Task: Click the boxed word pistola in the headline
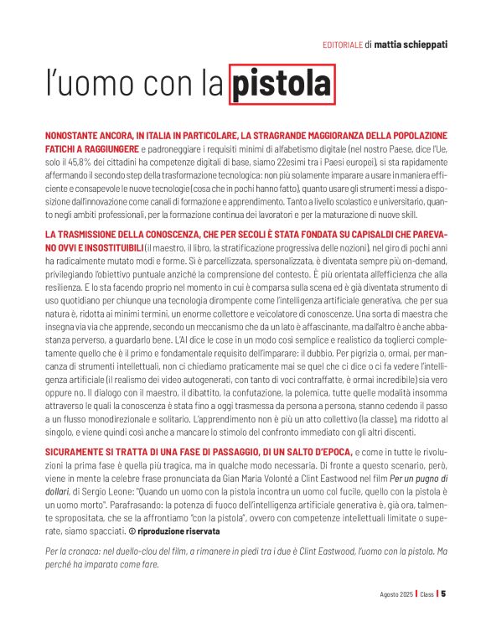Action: click(x=281, y=84)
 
